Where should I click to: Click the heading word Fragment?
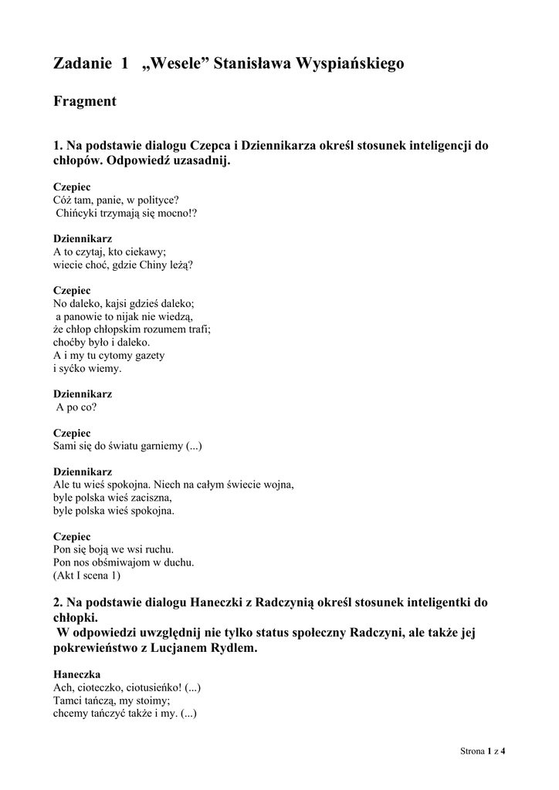85,101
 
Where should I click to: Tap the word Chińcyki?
77,213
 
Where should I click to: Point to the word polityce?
156,200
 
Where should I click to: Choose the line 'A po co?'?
76,407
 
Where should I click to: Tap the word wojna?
276,484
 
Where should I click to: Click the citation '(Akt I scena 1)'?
86,576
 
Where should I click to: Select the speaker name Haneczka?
76,674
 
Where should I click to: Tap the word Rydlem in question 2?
229,649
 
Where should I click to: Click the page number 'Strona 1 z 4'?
487,750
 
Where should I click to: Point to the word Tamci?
69,701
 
